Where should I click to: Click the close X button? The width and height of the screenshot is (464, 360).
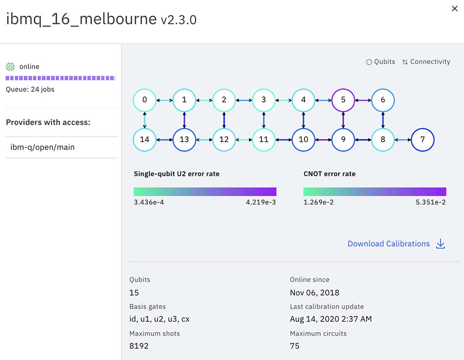coord(455,8)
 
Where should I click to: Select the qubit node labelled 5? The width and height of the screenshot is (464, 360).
coord(343,100)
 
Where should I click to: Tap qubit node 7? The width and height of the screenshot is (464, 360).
coord(422,140)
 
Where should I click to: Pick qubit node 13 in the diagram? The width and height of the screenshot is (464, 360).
coord(184,140)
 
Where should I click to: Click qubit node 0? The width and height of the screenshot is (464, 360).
coord(145,100)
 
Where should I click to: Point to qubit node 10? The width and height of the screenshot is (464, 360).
coord(303,140)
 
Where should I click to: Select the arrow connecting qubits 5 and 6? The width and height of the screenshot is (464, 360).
coord(363,100)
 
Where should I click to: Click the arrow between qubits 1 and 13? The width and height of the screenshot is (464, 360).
coord(184,120)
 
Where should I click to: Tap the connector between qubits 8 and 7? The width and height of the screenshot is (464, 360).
coord(402,140)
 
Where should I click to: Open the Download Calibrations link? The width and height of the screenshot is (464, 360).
coord(388,244)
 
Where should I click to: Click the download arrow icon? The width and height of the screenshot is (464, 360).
coord(441,244)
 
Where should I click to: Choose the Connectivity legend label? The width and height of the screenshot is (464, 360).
coord(430,62)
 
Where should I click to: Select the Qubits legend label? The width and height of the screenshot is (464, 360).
coord(384,62)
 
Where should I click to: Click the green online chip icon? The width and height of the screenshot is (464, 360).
coord(10,67)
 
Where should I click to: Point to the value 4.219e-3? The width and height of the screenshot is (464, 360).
coord(261,202)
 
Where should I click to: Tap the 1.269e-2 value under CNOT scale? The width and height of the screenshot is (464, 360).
coord(318,202)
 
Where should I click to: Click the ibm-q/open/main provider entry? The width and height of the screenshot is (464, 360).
coord(43,148)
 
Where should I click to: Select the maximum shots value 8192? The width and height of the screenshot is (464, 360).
coord(139,346)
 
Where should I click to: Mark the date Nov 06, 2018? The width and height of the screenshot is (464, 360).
coord(315,293)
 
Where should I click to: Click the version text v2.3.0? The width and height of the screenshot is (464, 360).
coord(179,20)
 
